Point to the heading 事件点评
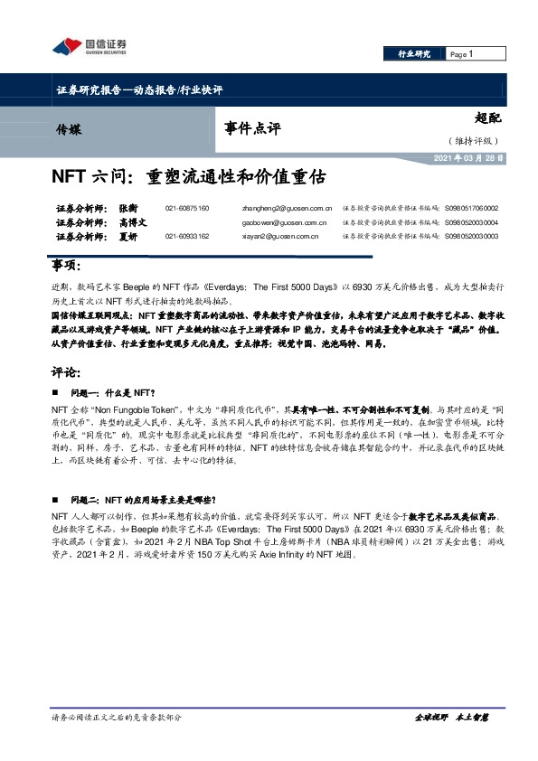point(252,128)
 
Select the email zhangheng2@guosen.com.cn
point(288,208)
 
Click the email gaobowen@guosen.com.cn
point(285,221)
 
